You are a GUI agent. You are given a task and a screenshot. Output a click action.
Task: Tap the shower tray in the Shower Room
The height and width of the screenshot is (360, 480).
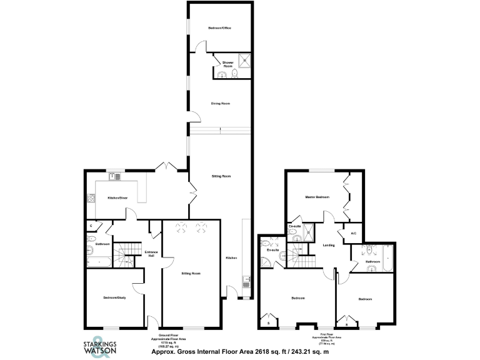pos(243,60)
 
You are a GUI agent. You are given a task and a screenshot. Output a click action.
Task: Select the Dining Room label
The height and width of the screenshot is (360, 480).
pos(221,103)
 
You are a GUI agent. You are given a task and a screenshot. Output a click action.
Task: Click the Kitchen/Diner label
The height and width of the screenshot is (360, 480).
pos(117,198)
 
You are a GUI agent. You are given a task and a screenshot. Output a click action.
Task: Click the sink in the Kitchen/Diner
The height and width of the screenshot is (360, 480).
pos(116,177)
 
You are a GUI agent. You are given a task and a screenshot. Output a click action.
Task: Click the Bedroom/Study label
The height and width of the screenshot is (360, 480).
pos(115,297)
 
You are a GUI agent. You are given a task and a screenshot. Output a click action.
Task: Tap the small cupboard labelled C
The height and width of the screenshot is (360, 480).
pos(91,226)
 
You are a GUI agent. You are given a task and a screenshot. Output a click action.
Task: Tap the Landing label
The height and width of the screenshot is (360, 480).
pos(329,245)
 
